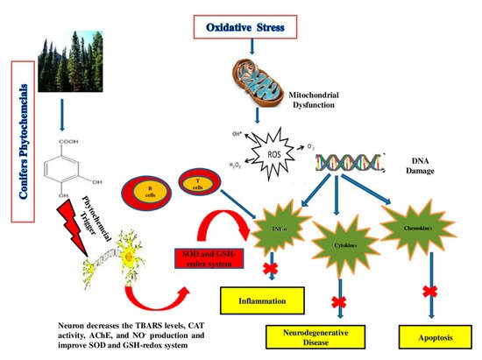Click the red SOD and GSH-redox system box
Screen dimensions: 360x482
pyautogui.click(x=207, y=260)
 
